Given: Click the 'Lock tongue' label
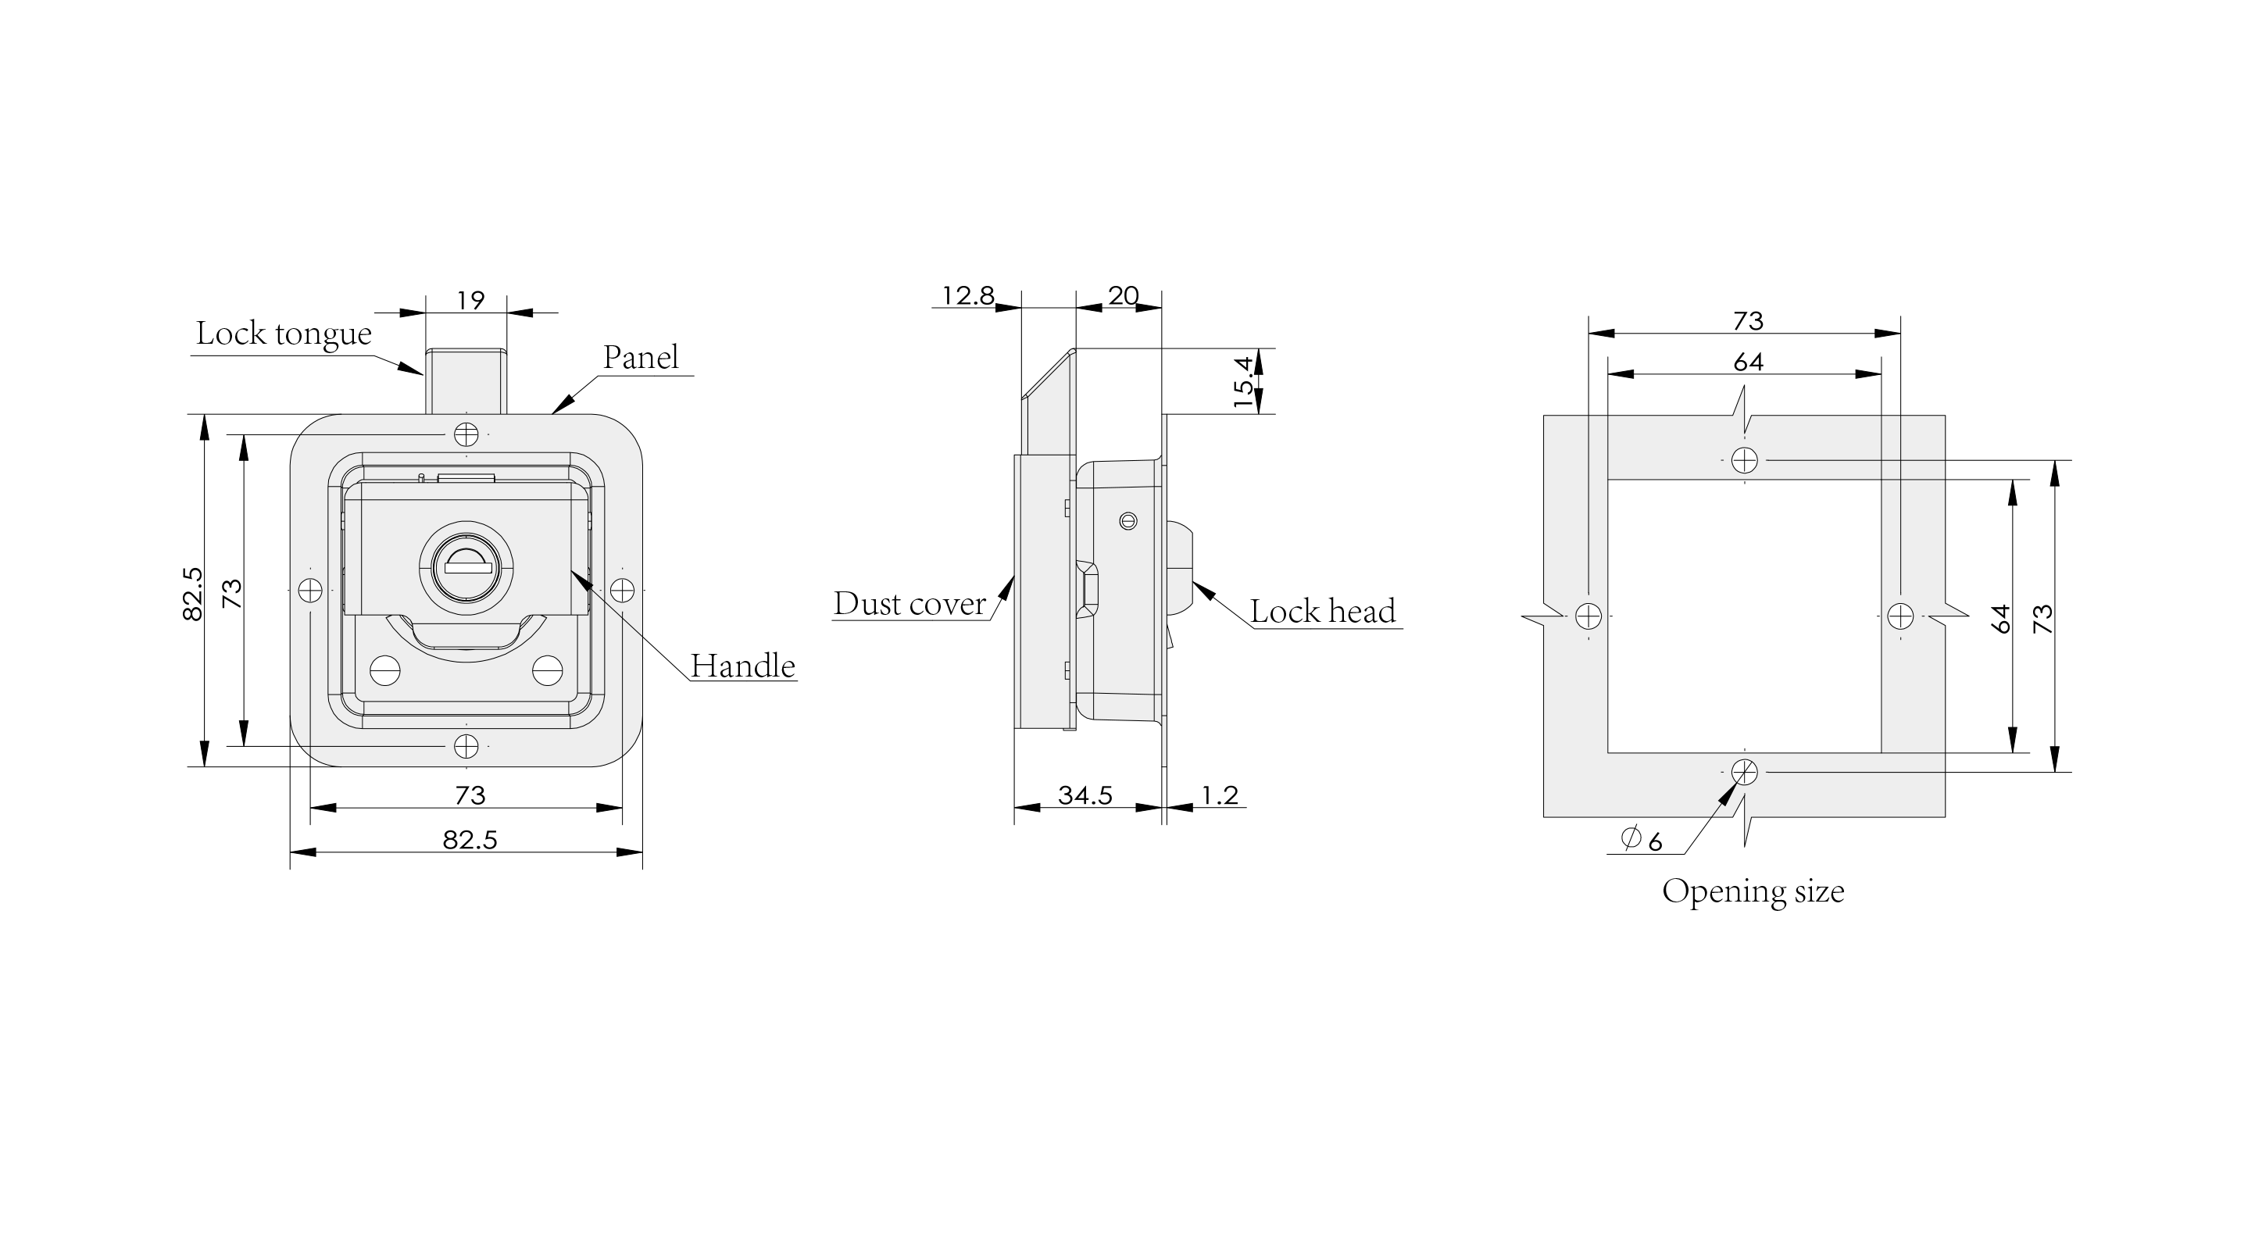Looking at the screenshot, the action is click(284, 334).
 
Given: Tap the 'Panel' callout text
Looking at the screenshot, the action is click(641, 357).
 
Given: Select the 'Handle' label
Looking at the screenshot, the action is click(742, 666).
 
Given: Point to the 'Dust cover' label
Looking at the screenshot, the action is click(910, 603).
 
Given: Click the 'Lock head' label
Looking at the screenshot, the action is click(1323, 611).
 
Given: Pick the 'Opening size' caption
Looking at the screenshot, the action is click(1753, 892).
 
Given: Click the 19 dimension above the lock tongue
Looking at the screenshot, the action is click(471, 300).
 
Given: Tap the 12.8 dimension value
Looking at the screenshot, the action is click(967, 296).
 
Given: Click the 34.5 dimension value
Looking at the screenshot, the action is click(1085, 795).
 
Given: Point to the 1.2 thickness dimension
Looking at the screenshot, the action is click(1220, 795).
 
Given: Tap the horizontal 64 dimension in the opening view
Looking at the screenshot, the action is click(1748, 362).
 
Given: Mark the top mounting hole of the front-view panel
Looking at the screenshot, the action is click(466, 434).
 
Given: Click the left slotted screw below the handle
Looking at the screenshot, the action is click(385, 671).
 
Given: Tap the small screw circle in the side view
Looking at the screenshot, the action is click(1128, 522).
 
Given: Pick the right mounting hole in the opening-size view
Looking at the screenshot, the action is click(1900, 616).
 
